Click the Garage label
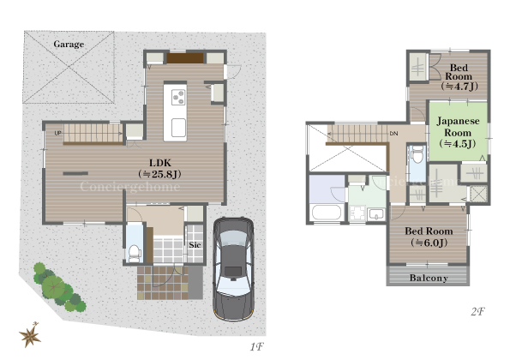(x=69, y=44)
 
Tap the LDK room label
(x=159, y=169)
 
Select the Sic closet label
(x=195, y=244)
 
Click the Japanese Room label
(x=458, y=132)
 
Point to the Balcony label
(x=429, y=278)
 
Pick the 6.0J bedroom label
(x=429, y=237)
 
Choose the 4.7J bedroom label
(x=459, y=77)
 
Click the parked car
(x=233, y=269)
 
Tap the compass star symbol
(x=30, y=335)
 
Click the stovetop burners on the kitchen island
(x=178, y=97)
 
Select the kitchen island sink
(x=178, y=128)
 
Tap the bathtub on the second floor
(x=327, y=213)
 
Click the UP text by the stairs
(x=58, y=133)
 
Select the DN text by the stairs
(x=394, y=134)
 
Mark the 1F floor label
(x=256, y=347)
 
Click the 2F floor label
(x=477, y=311)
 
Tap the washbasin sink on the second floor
(x=376, y=214)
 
